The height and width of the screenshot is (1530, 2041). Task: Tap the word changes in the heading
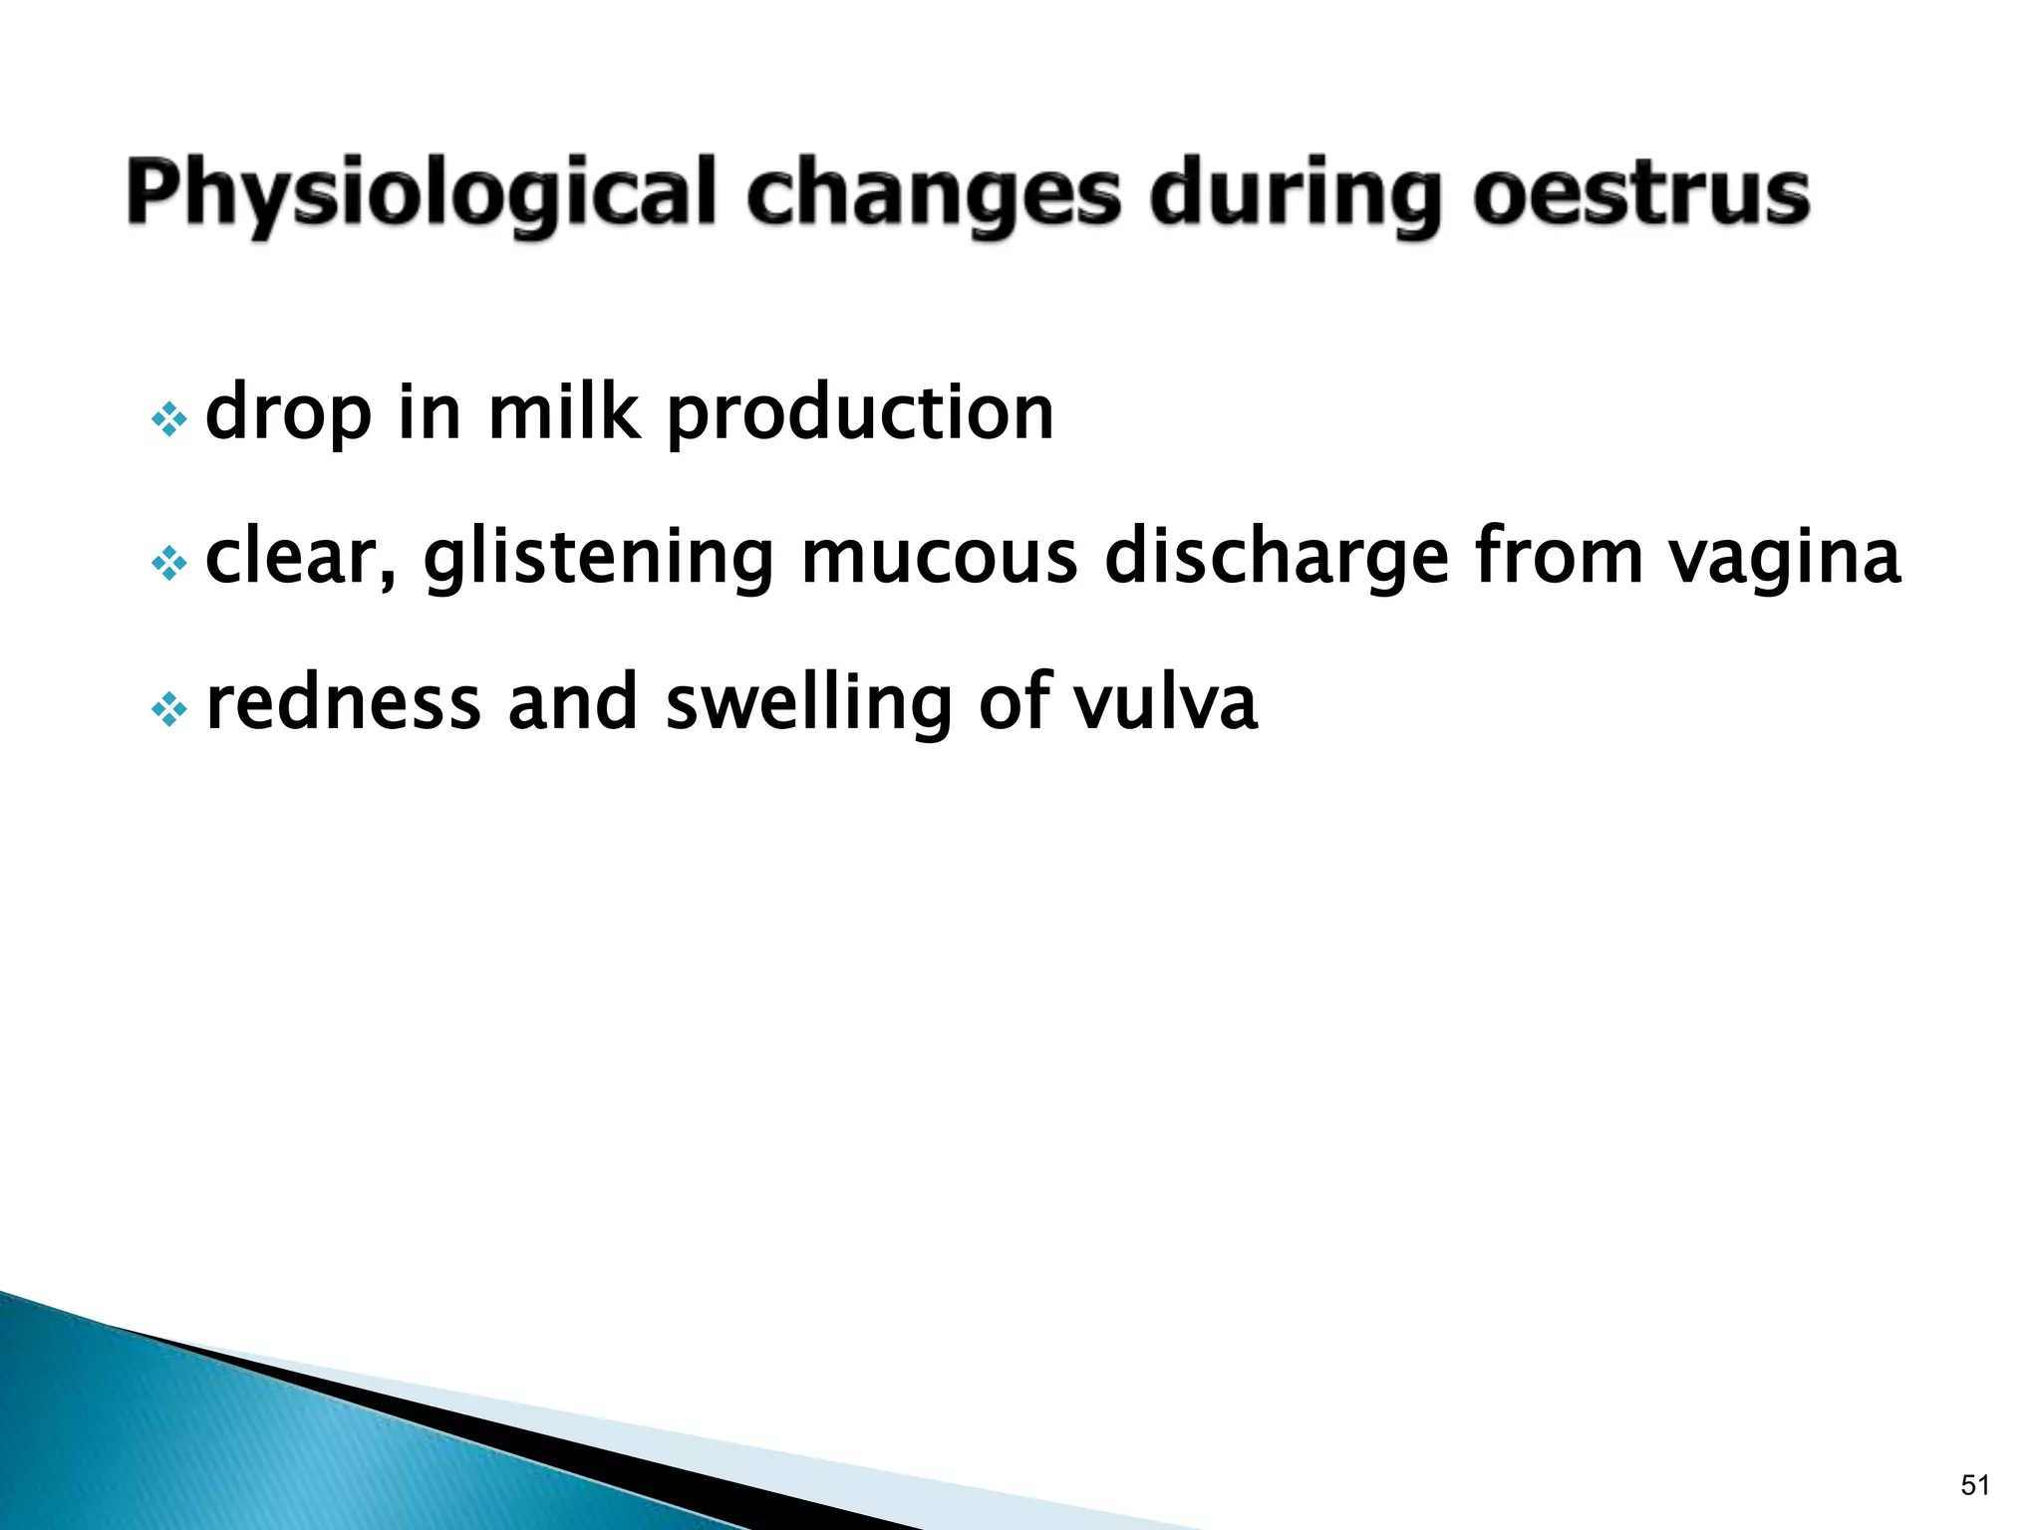(x=934, y=194)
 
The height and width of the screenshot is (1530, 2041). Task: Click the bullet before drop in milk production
(x=168, y=420)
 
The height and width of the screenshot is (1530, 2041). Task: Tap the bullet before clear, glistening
(x=168, y=565)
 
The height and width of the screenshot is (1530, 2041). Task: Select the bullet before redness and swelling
(x=168, y=710)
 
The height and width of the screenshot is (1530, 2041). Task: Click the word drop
(x=288, y=413)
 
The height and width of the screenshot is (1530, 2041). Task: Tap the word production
(x=859, y=413)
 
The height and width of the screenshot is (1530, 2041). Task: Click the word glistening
(x=598, y=558)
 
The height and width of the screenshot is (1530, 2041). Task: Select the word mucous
(x=939, y=558)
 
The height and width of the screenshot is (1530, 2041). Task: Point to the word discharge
(x=1277, y=558)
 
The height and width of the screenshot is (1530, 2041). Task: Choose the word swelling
(x=808, y=703)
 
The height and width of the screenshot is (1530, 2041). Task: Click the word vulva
(x=1165, y=703)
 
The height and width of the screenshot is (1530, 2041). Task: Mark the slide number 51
(x=1974, y=1485)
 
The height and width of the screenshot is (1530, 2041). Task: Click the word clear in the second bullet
(x=300, y=558)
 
